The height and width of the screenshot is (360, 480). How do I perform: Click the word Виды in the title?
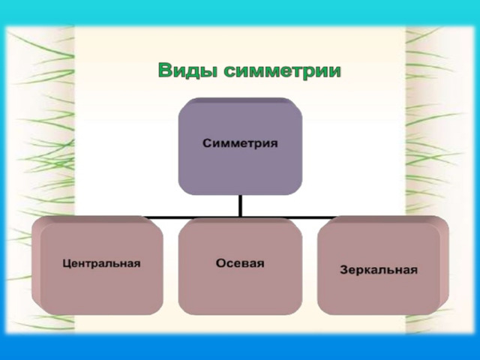click(189, 70)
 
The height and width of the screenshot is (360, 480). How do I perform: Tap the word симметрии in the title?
click(282, 71)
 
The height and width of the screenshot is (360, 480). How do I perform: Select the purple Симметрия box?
click(240, 146)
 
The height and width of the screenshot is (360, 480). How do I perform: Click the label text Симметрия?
click(240, 143)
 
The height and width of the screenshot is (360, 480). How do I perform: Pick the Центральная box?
click(97, 265)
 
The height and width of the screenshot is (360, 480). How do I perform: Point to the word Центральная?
click(101, 263)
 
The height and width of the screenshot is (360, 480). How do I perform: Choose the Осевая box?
click(240, 265)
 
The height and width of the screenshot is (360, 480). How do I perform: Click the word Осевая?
click(240, 263)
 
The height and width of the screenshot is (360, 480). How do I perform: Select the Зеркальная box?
click(383, 265)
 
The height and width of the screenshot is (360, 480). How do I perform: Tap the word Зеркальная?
click(379, 270)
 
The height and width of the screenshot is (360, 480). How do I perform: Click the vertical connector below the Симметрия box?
click(240, 206)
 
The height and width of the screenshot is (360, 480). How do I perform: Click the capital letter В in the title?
click(164, 70)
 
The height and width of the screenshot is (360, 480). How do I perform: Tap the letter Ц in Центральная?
click(67, 263)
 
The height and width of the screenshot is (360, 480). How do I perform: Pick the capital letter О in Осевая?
click(221, 263)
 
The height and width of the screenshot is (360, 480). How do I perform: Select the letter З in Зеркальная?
click(344, 269)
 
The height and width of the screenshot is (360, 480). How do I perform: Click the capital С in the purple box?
click(207, 143)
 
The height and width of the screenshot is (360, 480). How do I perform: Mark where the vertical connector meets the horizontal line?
click(240, 217)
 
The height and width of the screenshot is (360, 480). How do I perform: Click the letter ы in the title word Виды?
click(210, 72)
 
